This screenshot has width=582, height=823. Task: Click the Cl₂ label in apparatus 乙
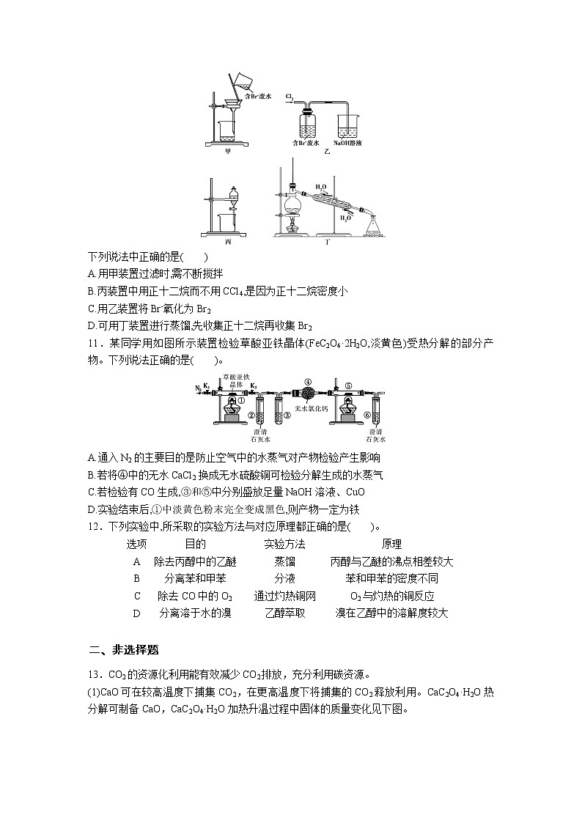point(290,96)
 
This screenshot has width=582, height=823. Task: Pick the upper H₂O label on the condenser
point(321,187)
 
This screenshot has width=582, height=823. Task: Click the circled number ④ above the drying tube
point(308,382)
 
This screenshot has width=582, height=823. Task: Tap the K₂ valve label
point(254,385)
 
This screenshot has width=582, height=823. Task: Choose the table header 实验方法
point(284,545)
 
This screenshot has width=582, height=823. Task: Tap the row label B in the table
point(136,579)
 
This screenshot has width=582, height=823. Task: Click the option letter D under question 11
point(90,509)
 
